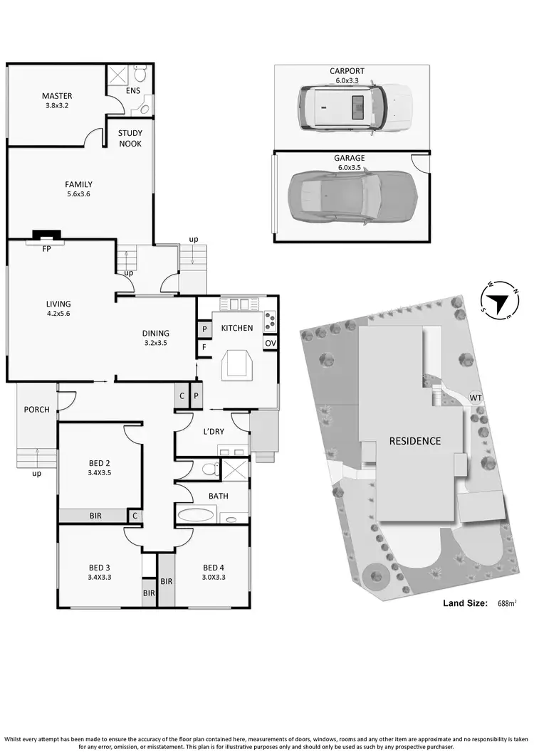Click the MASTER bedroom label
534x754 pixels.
56,96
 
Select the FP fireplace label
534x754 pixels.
46,250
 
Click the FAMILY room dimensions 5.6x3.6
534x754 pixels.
78,196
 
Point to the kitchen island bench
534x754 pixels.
236,365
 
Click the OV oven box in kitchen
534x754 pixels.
270,343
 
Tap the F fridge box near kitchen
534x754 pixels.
203,349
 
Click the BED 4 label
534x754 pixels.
214,567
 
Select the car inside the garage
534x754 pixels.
352,196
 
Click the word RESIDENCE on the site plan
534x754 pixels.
414,441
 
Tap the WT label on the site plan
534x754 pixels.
475,398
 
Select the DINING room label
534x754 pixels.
155,333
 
